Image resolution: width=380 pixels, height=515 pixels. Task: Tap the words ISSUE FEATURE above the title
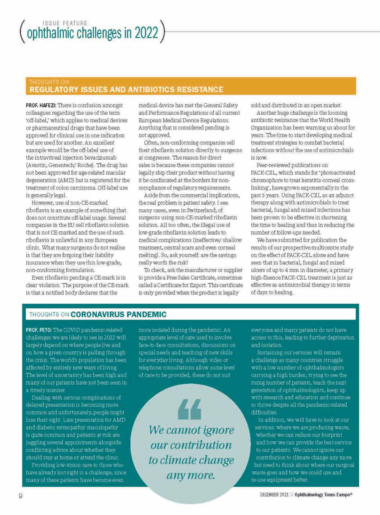64,23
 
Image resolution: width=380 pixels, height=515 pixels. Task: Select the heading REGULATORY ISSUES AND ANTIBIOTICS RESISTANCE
127,89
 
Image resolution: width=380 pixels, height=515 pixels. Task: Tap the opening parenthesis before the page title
21,31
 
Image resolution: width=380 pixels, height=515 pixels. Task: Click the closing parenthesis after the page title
162,31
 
